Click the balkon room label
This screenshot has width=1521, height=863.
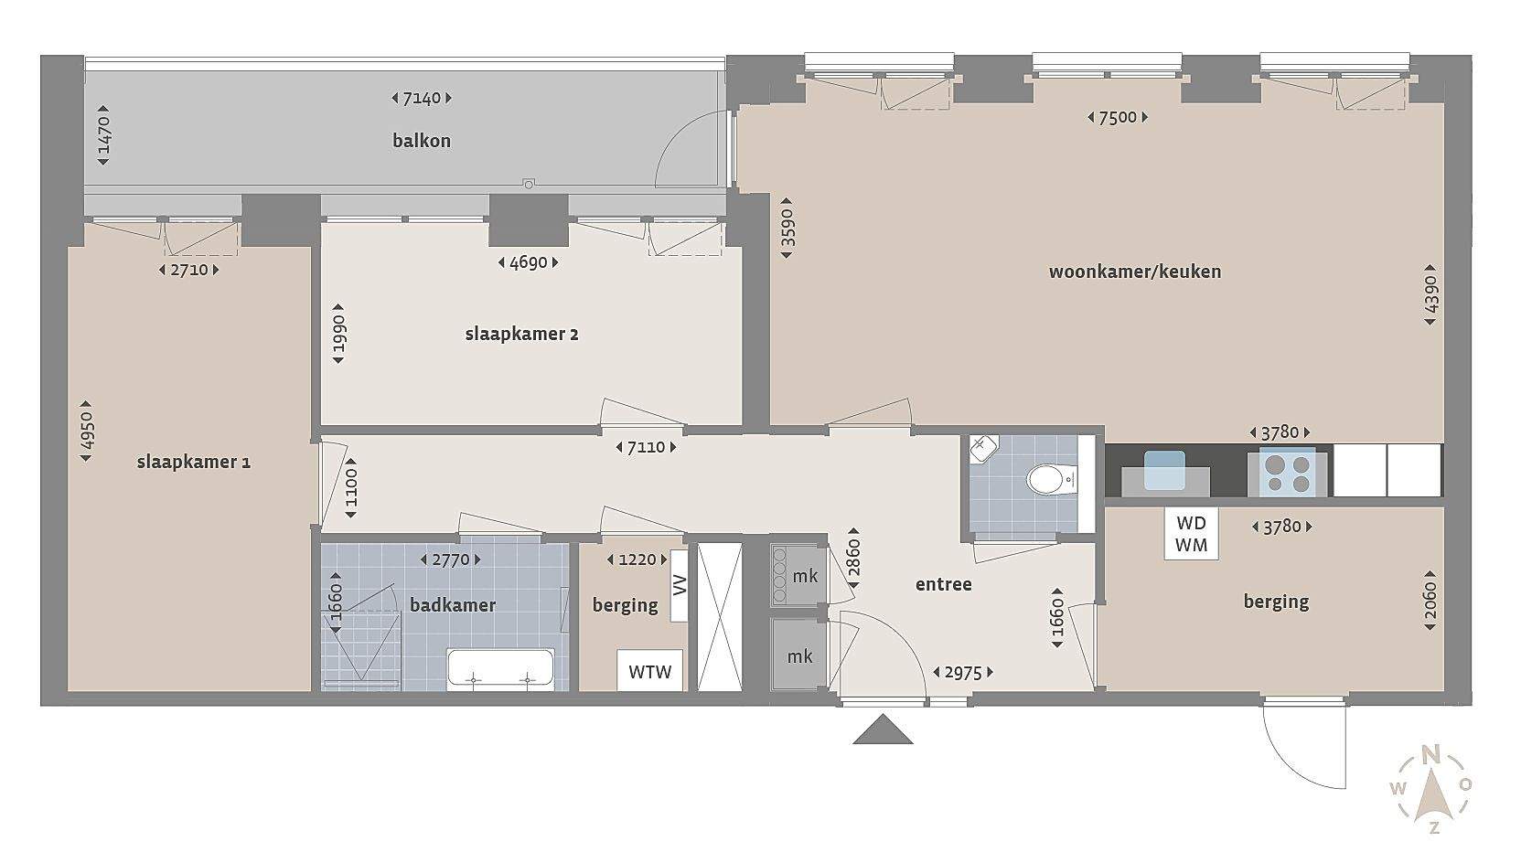click(422, 141)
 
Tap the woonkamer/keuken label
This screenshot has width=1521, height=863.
click(1135, 272)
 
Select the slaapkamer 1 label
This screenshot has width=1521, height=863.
click(194, 463)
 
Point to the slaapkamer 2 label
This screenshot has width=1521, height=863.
click(521, 335)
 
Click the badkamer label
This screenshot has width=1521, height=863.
click(453, 605)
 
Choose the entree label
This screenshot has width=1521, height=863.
click(944, 584)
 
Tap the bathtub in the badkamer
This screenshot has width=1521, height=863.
click(500, 670)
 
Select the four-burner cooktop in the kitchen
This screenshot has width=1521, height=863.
click(1288, 473)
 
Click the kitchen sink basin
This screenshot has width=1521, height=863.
click(1164, 470)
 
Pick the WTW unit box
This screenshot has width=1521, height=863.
click(649, 671)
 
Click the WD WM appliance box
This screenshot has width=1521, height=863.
click(1192, 534)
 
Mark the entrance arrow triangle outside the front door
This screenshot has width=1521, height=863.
click(883, 730)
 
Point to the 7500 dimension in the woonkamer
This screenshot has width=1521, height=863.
click(1118, 117)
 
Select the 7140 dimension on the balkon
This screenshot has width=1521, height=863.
click(422, 99)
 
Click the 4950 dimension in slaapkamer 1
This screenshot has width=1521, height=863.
click(86, 431)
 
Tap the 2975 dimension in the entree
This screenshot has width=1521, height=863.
click(963, 672)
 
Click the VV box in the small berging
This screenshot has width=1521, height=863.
click(680, 585)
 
